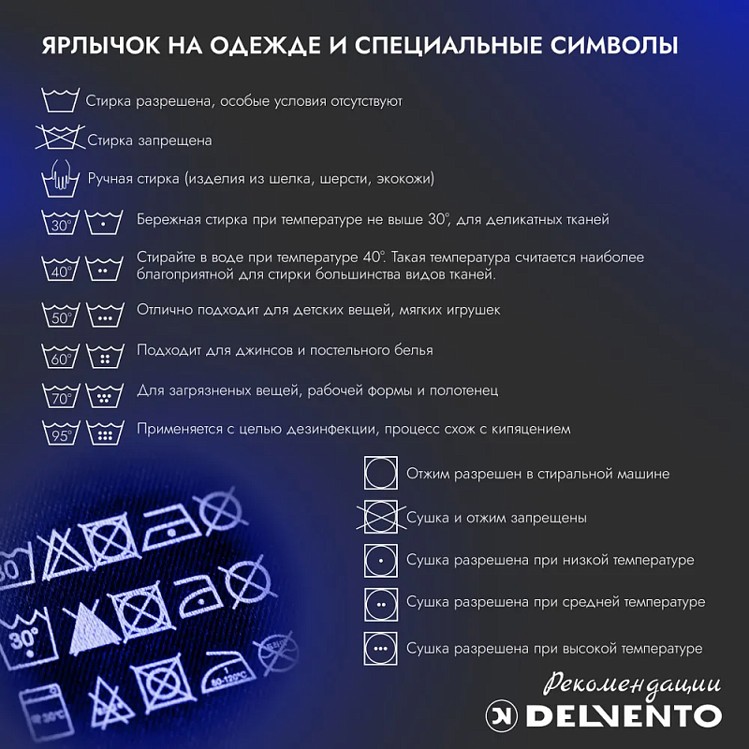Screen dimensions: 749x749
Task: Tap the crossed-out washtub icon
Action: click(x=60, y=138)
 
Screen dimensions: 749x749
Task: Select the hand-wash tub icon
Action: click(x=60, y=179)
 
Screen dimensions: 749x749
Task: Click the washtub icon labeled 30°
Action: click(x=60, y=222)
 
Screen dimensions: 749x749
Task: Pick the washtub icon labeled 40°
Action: click(x=60, y=269)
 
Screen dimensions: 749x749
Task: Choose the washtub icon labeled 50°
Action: click(x=60, y=315)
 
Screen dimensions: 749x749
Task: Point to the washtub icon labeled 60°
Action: click(x=60, y=356)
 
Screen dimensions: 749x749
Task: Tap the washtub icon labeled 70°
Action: click(x=60, y=395)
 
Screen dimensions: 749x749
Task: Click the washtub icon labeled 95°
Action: click(x=60, y=433)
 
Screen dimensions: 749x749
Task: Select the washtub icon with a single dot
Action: click(x=104, y=222)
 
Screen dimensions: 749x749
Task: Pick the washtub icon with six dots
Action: click(x=105, y=433)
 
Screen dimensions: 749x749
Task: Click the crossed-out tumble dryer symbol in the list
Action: click(x=381, y=517)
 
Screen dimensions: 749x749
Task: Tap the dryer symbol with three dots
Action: click(x=381, y=649)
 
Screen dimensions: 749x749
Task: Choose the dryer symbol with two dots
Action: click(x=381, y=605)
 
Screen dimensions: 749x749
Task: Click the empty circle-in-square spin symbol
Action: click(x=381, y=473)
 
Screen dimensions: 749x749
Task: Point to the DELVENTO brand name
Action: click(x=624, y=715)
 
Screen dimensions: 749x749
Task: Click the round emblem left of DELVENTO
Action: click(x=502, y=715)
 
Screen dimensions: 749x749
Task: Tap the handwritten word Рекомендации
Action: click(x=631, y=685)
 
